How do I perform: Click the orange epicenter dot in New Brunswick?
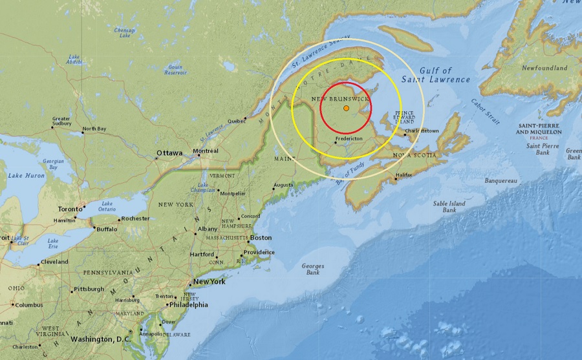pyautogui.click(x=347, y=108)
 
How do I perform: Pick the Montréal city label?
pyautogui.click(x=206, y=151)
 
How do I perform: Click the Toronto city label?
pyautogui.click(x=70, y=209)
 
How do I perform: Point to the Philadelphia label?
pyautogui.click(x=188, y=304)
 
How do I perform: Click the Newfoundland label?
pyautogui.click(x=544, y=68)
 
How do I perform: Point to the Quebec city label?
pyautogui.click(x=237, y=120)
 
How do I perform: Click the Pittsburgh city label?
pyautogui.click(x=89, y=289)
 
